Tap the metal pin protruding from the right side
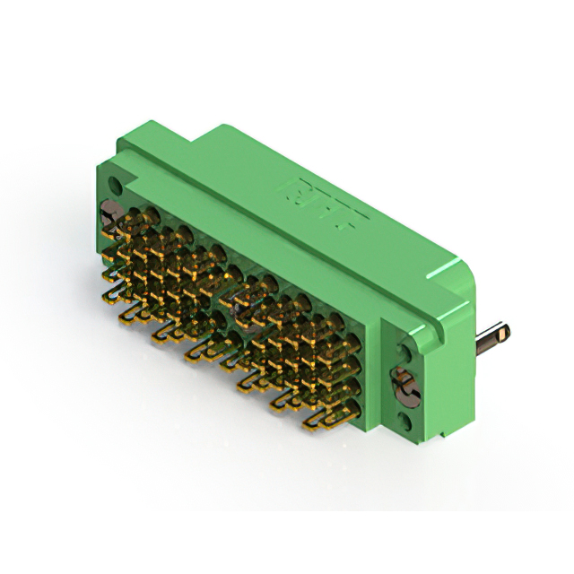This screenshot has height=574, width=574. (493, 339)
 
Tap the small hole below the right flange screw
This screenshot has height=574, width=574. (404, 418)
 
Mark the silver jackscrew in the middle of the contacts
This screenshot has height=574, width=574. (240, 305)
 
